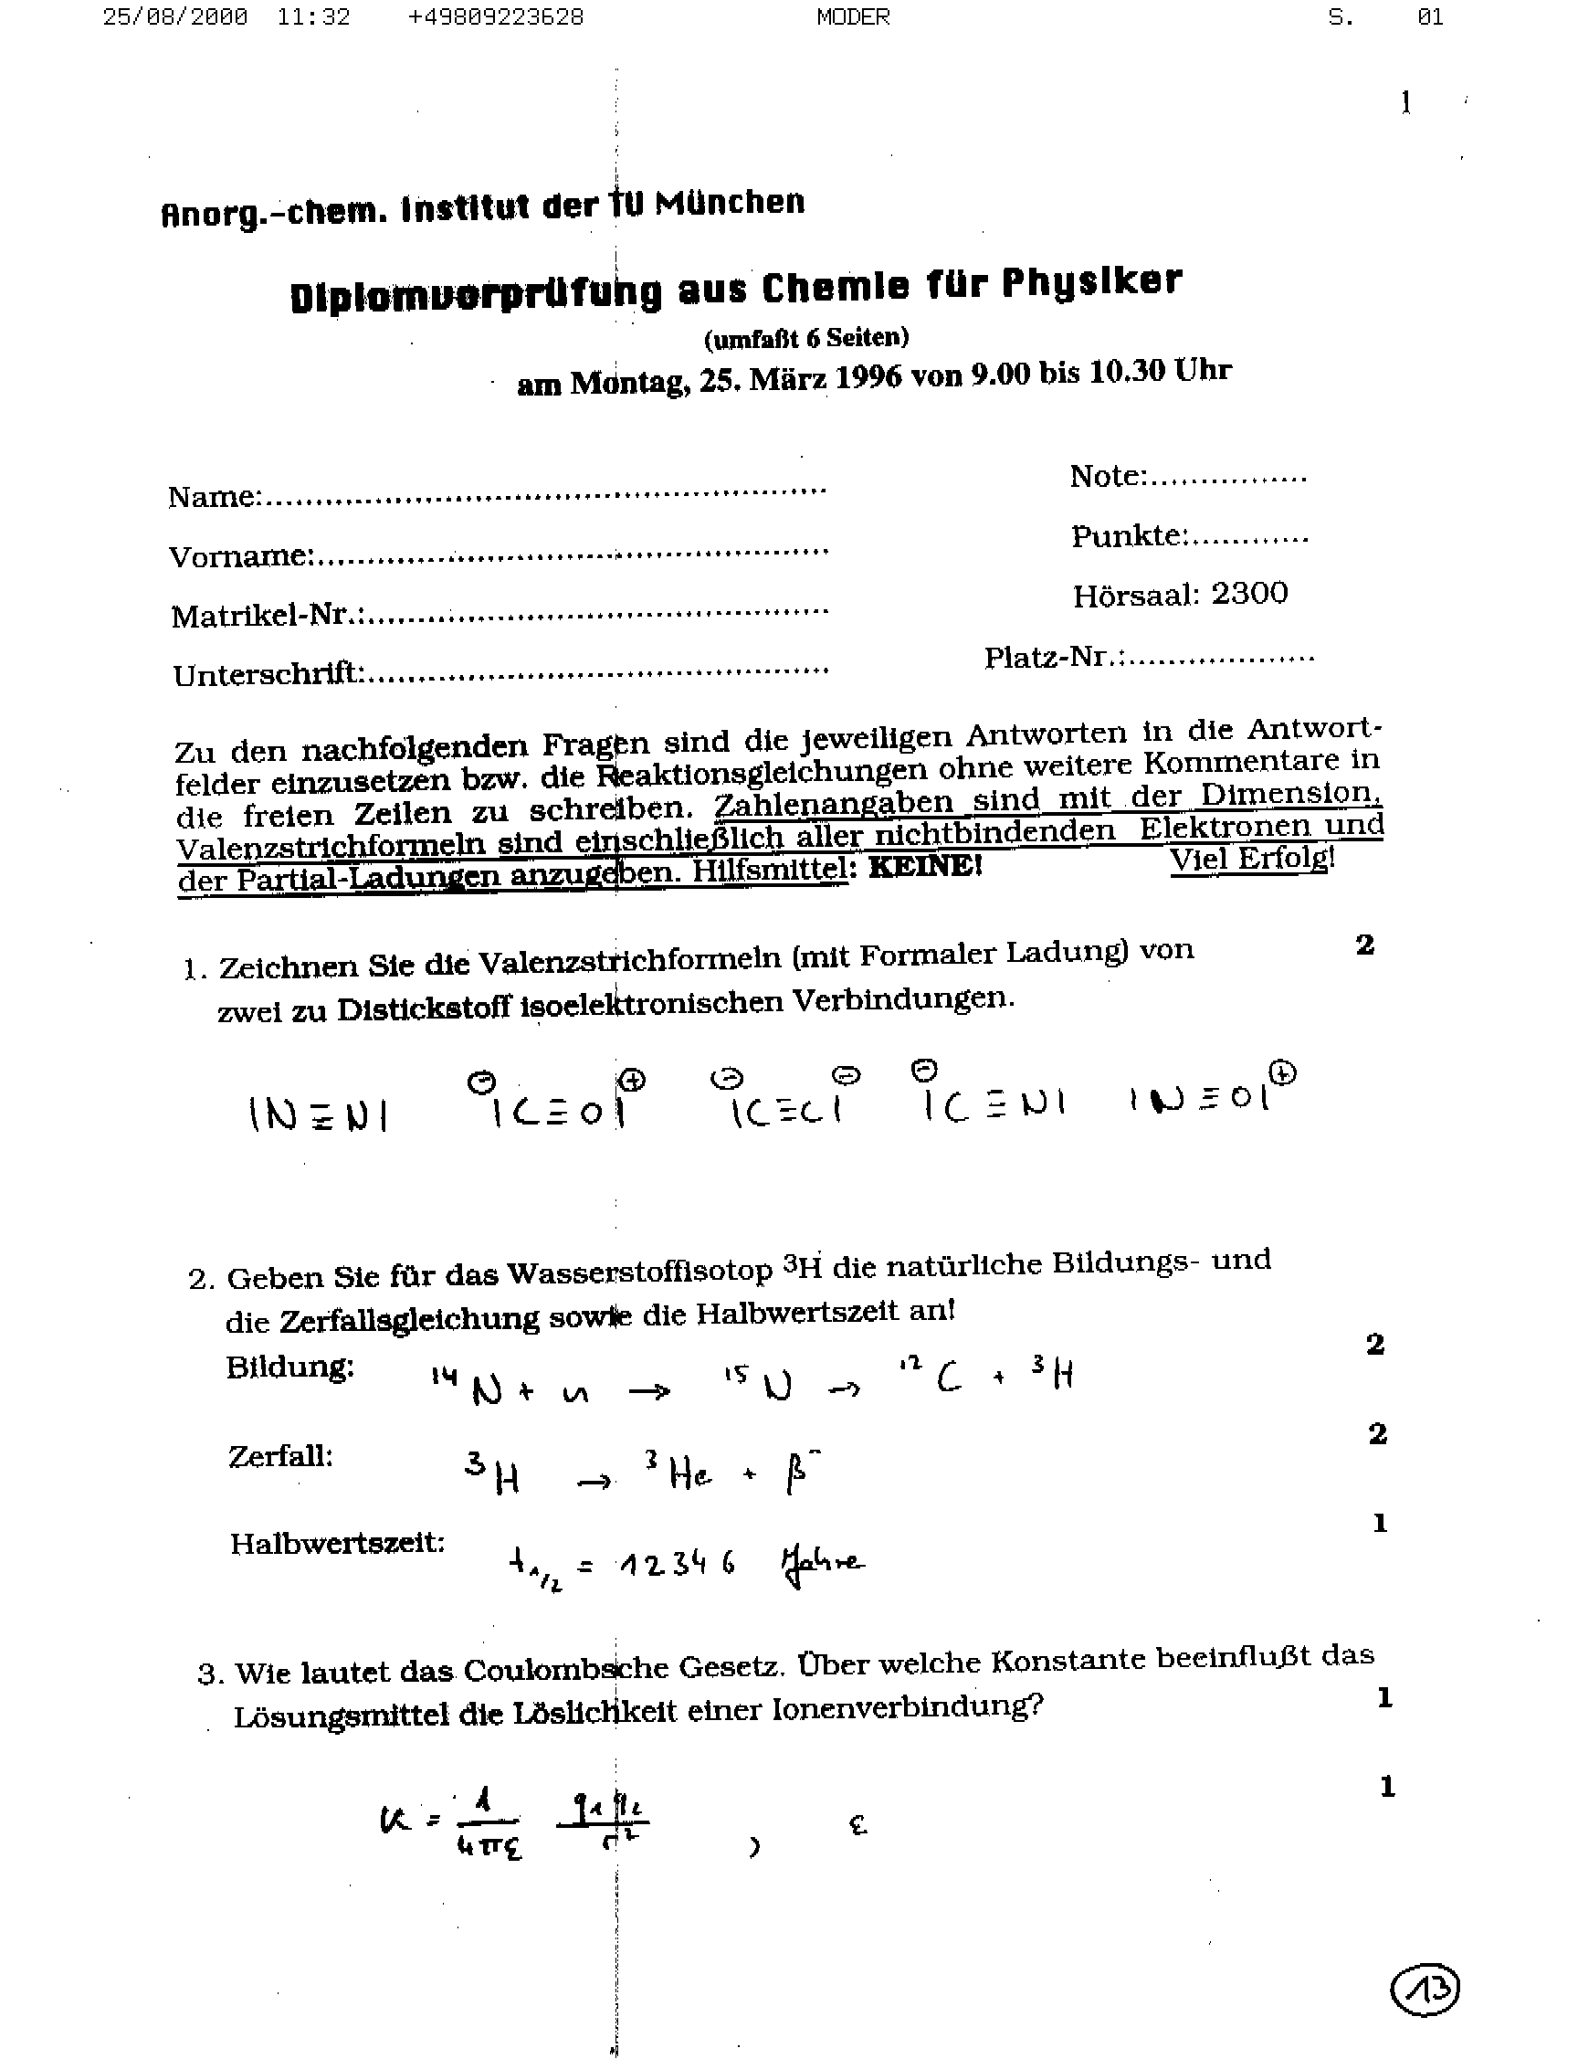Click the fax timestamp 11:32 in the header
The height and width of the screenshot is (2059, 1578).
coord(313,17)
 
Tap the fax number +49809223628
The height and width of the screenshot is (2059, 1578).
coord(495,17)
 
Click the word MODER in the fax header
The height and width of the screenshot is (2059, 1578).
coord(853,17)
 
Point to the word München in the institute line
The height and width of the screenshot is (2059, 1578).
coord(730,202)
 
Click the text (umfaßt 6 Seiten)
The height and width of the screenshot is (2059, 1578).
coord(806,336)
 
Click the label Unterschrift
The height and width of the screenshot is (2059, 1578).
coord(268,673)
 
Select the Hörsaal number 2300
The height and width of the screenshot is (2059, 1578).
coord(1249,594)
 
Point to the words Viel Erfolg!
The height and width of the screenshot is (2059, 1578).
coord(1251,859)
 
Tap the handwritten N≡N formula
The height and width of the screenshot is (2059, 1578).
coord(319,1114)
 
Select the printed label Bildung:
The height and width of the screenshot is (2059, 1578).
coord(290,1367)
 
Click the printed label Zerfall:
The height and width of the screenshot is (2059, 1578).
coord(281,1456)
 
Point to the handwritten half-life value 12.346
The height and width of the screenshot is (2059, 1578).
coord(677,1564)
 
